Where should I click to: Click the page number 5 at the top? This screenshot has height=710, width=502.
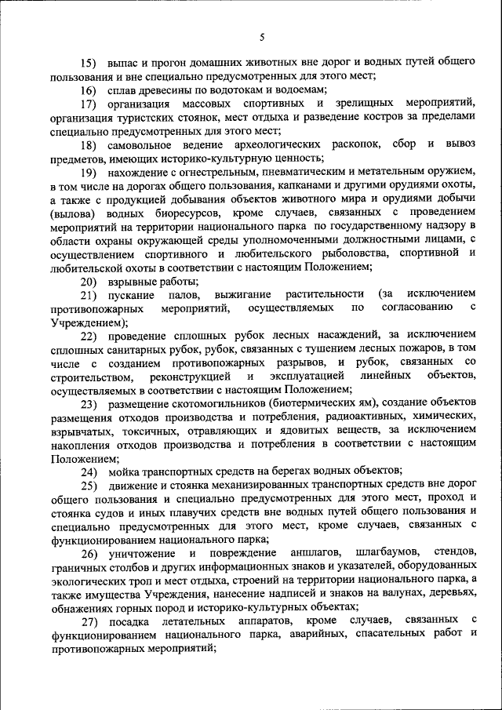coord(262,37)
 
